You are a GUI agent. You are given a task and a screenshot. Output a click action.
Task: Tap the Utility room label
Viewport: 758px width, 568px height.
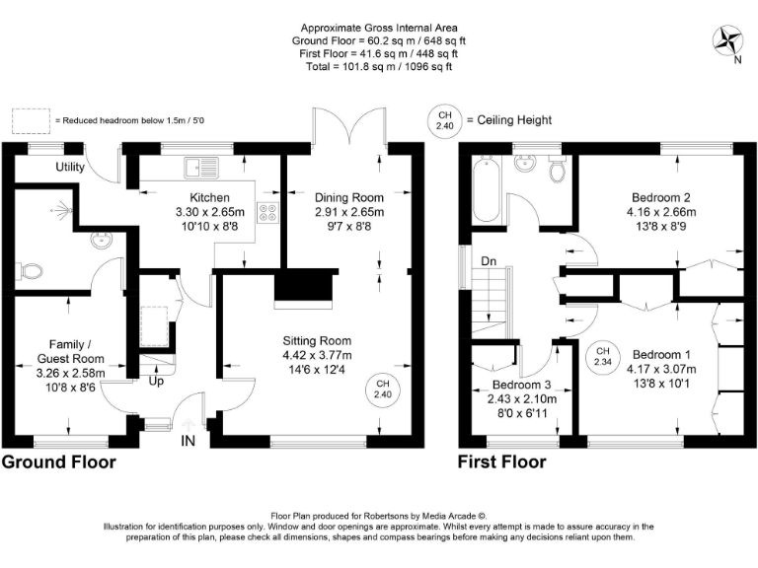tap(70, 167)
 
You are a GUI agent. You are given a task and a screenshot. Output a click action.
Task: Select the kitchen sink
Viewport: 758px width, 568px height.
tap(201, 168)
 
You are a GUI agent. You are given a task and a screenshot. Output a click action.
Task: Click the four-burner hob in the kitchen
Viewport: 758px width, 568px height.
tap(268, 213)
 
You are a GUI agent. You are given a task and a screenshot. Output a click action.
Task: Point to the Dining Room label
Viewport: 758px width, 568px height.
tap(349, 197)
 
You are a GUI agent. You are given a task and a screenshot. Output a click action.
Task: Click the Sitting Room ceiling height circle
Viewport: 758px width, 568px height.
tap(383, 389)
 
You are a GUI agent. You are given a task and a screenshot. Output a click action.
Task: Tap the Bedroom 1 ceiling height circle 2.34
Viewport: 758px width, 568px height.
tap(603, 356)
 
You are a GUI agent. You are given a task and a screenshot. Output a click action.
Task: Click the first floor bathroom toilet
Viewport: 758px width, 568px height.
tap(558, 169)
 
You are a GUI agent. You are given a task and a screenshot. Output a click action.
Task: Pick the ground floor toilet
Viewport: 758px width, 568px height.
tap(29, 271)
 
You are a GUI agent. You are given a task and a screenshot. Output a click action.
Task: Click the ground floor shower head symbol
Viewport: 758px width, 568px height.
tap(62, 211)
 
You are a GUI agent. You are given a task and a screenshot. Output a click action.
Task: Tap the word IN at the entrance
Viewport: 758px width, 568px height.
tap(189, 441)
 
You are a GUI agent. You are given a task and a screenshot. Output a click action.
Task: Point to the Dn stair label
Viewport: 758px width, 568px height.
tap(489, 261)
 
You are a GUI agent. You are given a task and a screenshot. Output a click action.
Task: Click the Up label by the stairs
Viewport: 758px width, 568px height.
tap(156, 382)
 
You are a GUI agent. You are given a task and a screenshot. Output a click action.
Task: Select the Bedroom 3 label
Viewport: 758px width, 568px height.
tap(521, 385)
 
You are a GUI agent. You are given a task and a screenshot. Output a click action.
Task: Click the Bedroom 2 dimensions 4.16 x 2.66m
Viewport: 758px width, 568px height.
tap(661, 212)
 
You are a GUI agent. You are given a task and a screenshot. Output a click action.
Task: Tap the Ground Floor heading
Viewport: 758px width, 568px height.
tap(59, 462)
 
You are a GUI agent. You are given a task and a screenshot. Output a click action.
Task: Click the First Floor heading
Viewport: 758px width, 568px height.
tap(501, 462)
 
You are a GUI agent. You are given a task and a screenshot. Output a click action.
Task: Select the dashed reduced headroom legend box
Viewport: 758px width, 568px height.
tap(31, 120)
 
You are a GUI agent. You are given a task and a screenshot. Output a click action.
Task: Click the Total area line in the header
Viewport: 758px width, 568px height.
tap(379, 67)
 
